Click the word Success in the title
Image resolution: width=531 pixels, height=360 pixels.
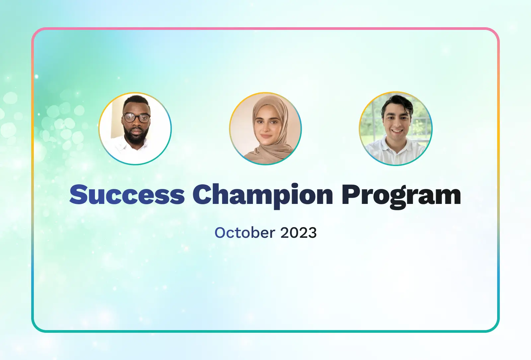(x=127, y=195)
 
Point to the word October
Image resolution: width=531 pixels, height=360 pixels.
(x=245, y=232)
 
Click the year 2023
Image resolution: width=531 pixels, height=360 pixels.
(x=298, y=233)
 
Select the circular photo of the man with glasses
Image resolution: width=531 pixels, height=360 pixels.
(x=135, y=128)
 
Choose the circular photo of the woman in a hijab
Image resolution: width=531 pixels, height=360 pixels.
(x=265, y=128)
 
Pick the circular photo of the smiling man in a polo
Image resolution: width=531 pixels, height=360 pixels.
(x=396, y=128)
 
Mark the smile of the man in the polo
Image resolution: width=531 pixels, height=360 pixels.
(x=397, y=131)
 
